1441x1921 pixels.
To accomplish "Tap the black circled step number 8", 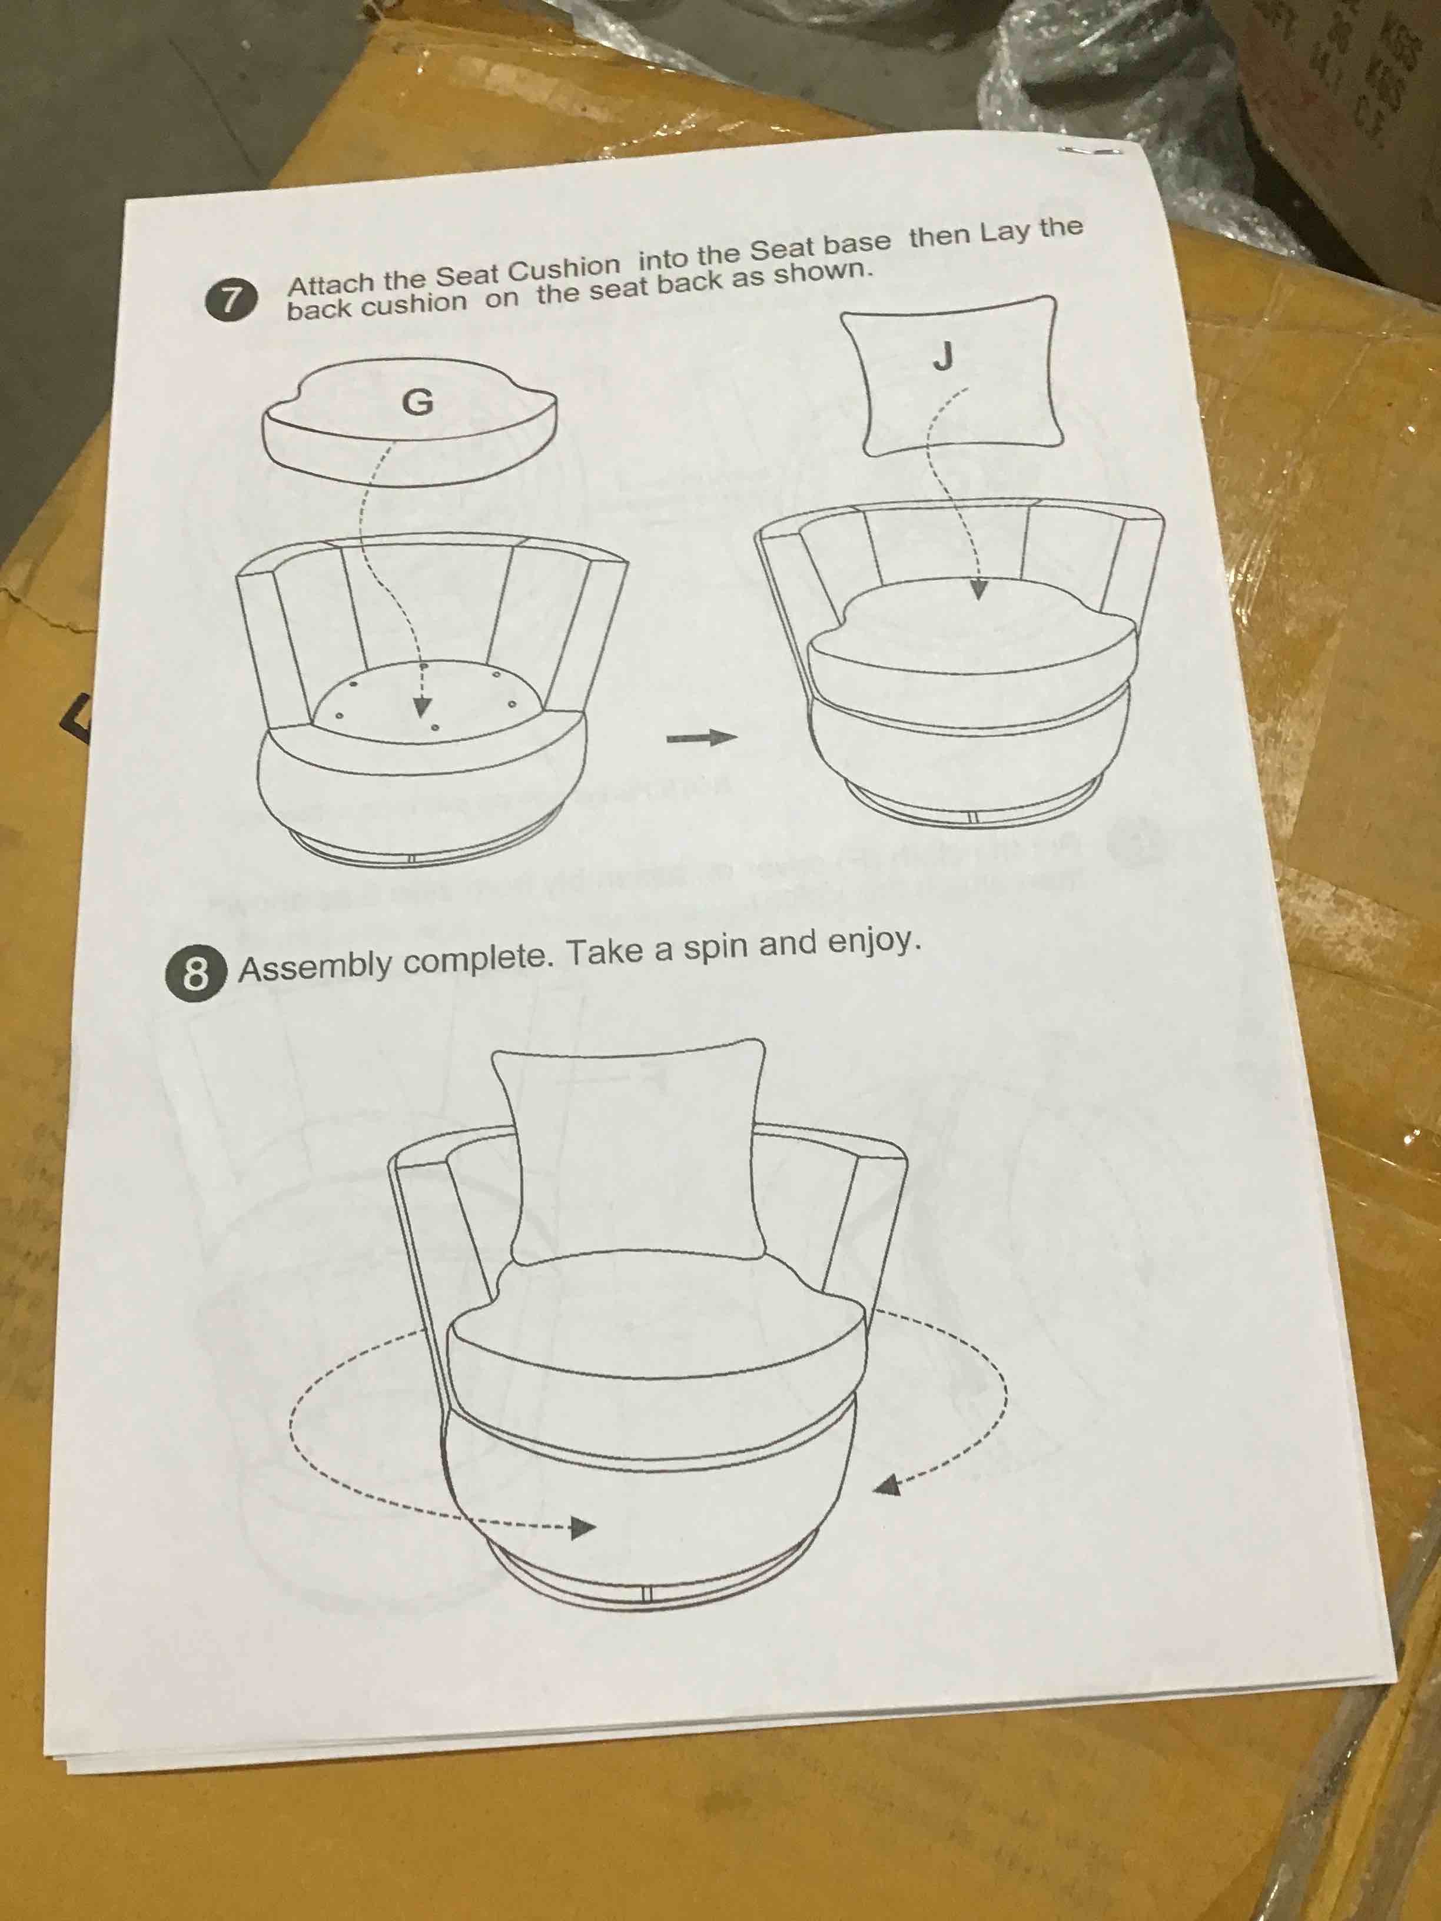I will pyautogui.click(x=195, y=973).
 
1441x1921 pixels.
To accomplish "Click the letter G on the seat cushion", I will pyautogui.click(x=418, y=402).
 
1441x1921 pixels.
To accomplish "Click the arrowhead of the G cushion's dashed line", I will pyautogui.click(x=422, y=706).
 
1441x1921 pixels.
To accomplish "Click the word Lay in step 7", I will pyautogui.click(x=1007, y=232).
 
